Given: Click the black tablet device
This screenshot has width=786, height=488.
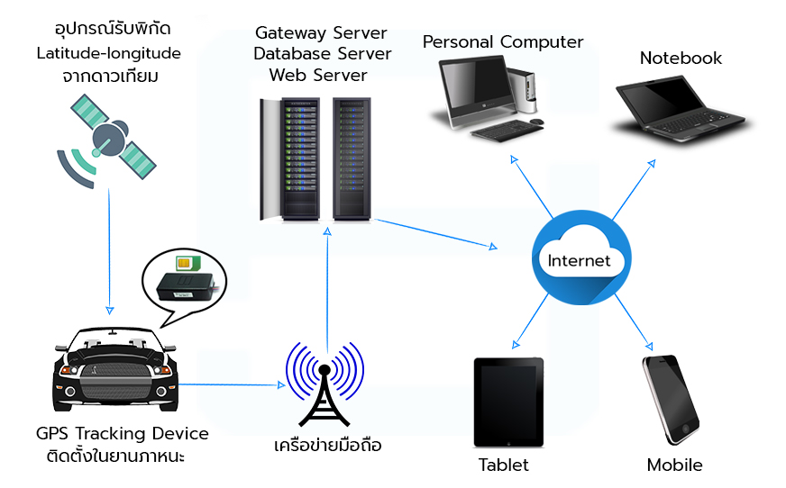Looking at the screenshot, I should point(509,402).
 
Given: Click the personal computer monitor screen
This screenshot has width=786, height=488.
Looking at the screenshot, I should point(471,88).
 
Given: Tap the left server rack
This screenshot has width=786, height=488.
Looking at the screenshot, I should point(291,159).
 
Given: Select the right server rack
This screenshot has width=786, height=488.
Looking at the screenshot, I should point(352,159).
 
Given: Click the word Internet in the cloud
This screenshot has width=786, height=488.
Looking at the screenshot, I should point(580,261).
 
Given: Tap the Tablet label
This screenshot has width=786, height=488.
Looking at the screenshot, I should point(504,465).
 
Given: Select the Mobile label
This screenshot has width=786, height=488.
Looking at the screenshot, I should point(674,465).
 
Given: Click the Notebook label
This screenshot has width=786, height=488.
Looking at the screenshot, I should point(681,58).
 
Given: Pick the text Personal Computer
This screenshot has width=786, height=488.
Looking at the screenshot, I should point(503,41).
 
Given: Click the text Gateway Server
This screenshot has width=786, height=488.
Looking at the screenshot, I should point(321,33).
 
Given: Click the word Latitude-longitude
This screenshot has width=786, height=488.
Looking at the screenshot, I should point(108,53).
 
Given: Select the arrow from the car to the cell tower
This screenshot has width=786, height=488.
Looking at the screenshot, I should point(230,384).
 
